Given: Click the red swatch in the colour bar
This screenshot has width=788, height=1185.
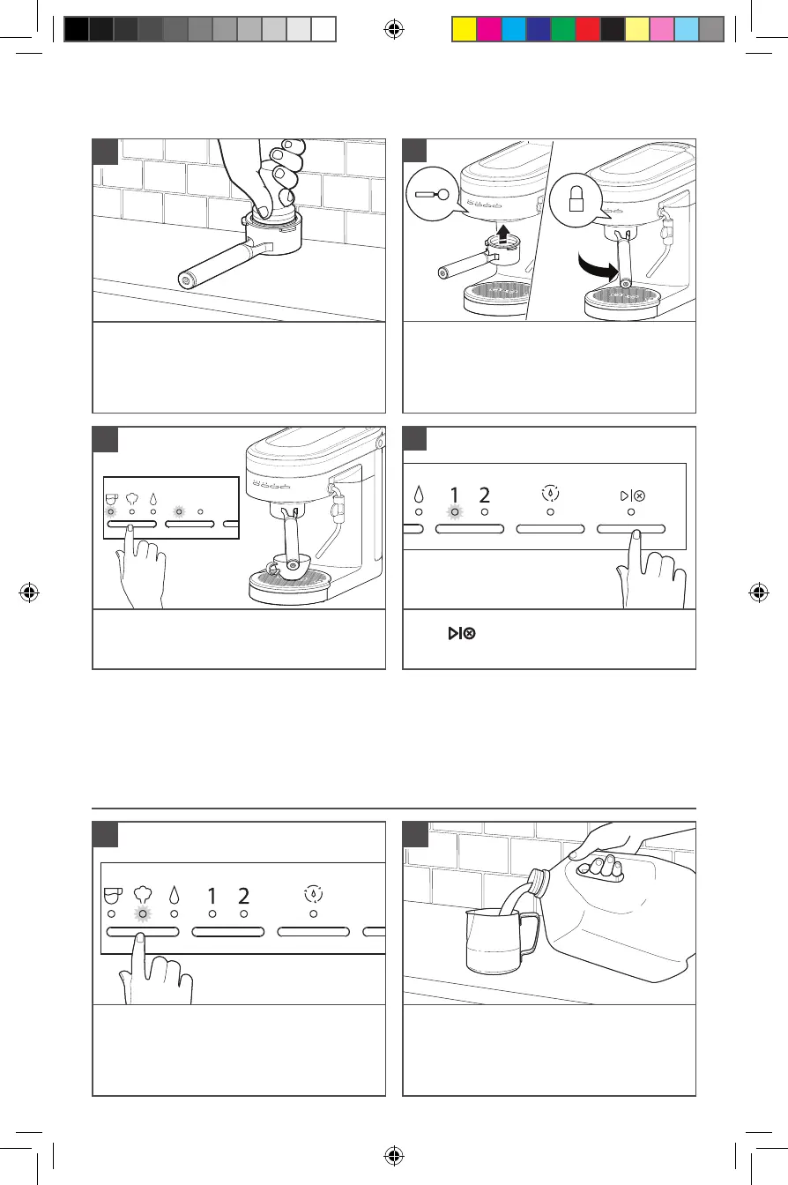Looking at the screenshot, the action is [x=587, y=30].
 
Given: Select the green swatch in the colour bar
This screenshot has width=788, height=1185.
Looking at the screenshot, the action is [x=562, y=30].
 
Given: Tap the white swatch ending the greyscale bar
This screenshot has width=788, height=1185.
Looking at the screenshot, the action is [x=324, y=30].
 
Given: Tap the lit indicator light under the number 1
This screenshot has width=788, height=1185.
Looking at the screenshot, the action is [x=455, y=511].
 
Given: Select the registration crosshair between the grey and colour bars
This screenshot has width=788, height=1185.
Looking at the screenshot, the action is [x=394, y=30].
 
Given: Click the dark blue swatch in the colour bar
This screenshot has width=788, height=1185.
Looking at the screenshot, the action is [x=538, y=30].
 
